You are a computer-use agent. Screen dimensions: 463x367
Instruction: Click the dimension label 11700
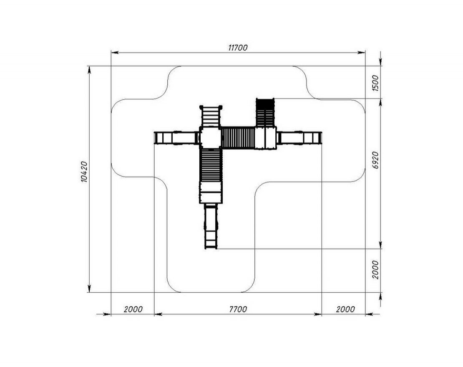pyautogui.click(x=238, y=48)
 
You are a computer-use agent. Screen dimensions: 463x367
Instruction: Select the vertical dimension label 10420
pyautogui.click(x=84, y=172)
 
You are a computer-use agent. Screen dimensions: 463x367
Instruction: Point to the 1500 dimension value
pyautogui.click(x=375, y=84)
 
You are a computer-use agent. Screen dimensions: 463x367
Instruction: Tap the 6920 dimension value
pyautogui.click(x=375, y=160)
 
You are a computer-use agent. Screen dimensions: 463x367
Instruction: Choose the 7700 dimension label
pyautogui.click(x=238, y=309)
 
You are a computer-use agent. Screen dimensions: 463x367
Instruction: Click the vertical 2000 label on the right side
pyautogui.click(x=375, y=269)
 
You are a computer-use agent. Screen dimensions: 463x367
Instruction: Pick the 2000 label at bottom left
pyautogui.click(x=133, y=309)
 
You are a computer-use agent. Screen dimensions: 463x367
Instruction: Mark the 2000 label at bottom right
pyautogui.click(x=345, y=309)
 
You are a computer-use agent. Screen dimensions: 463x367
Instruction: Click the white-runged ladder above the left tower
pyautogui.click(x=211, y=116)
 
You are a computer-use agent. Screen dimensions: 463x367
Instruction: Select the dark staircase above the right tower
pyautogui.click(x=265, y=113)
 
